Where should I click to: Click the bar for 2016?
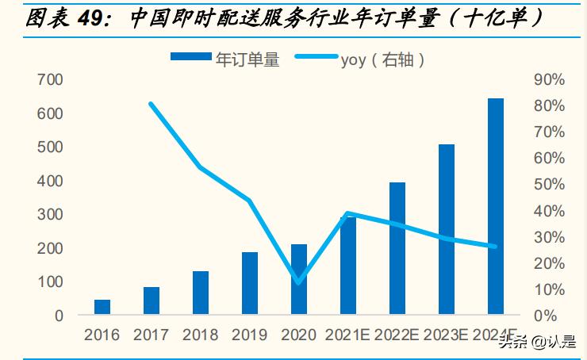point(102,307)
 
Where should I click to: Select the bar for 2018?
point(201,293)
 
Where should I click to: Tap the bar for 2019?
point(250,283)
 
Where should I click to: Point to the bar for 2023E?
point(447,229)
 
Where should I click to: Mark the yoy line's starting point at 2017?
point(151,104)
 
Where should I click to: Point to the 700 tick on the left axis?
point(49,80)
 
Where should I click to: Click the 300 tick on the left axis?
point(49,215)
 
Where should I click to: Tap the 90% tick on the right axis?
point(548,80)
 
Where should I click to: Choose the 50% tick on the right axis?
point(548,185)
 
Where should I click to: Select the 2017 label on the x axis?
point(151,335)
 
